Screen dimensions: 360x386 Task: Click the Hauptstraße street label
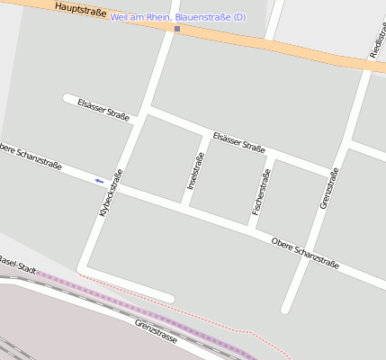[x=80, y=11]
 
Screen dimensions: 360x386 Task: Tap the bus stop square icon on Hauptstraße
[x=177, y=29]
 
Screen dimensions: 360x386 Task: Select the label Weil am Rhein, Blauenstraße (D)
[x=177, y=17]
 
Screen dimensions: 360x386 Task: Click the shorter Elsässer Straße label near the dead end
[x=103, y=110]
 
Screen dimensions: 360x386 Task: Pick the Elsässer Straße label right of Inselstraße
[x=238, y=142]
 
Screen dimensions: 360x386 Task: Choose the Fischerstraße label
[x=261, y=197]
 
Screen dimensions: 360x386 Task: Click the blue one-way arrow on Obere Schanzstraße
[x=99, y=181]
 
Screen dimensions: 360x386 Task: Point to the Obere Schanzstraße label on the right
[x=305, y=253]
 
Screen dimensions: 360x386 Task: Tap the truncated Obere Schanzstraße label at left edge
[x=31, y=155]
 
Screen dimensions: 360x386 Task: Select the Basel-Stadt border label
[x=17, y=264]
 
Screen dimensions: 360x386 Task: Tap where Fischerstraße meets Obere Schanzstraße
[x=251, y=229]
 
